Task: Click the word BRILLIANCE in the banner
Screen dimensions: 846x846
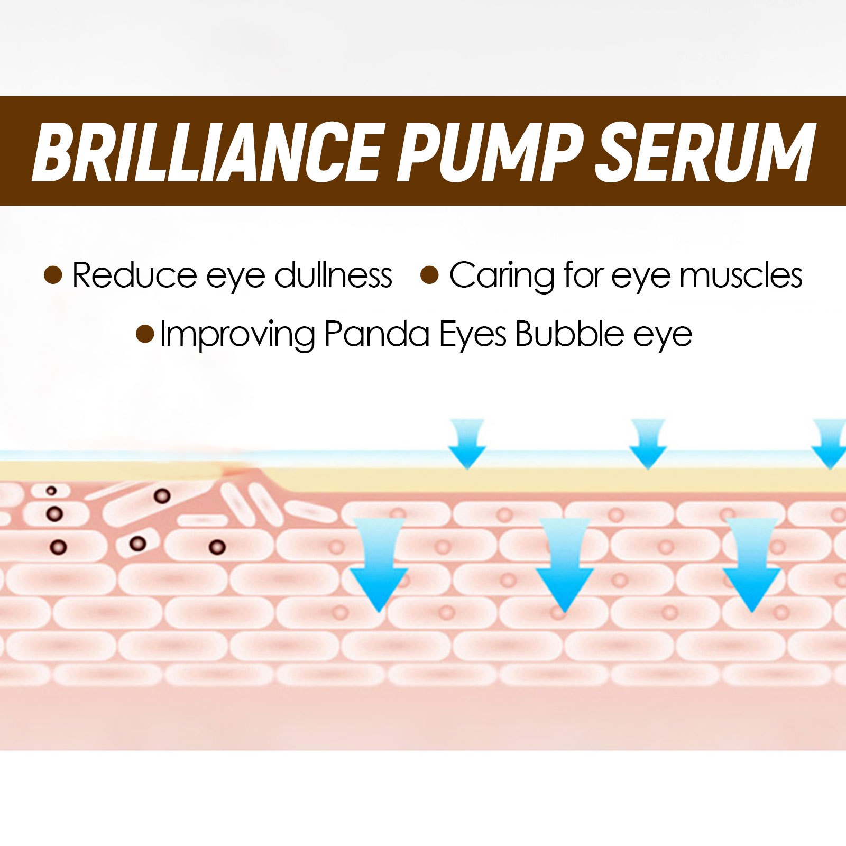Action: pyautogui.click(x=206, y=152)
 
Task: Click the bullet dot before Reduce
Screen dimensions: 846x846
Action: pyautogui.click(x=53, y=275)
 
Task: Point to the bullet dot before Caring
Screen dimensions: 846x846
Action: pyautogui.click(x=430, y=275)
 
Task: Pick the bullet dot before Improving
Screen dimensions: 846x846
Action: pyautogui.click(x=145, y=334)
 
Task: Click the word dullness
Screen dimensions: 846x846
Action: pyautogui.click(x=333, y=275)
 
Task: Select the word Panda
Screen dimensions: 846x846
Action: pyautogui.click(x=376, y=334)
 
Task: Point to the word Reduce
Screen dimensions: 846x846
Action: pyautogui.click(x=134, y=275)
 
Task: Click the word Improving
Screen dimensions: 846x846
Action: pyautogui.click(x=237, y=334)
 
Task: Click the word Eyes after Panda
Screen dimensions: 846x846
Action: pyautogui.click(x=473, y=334)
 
